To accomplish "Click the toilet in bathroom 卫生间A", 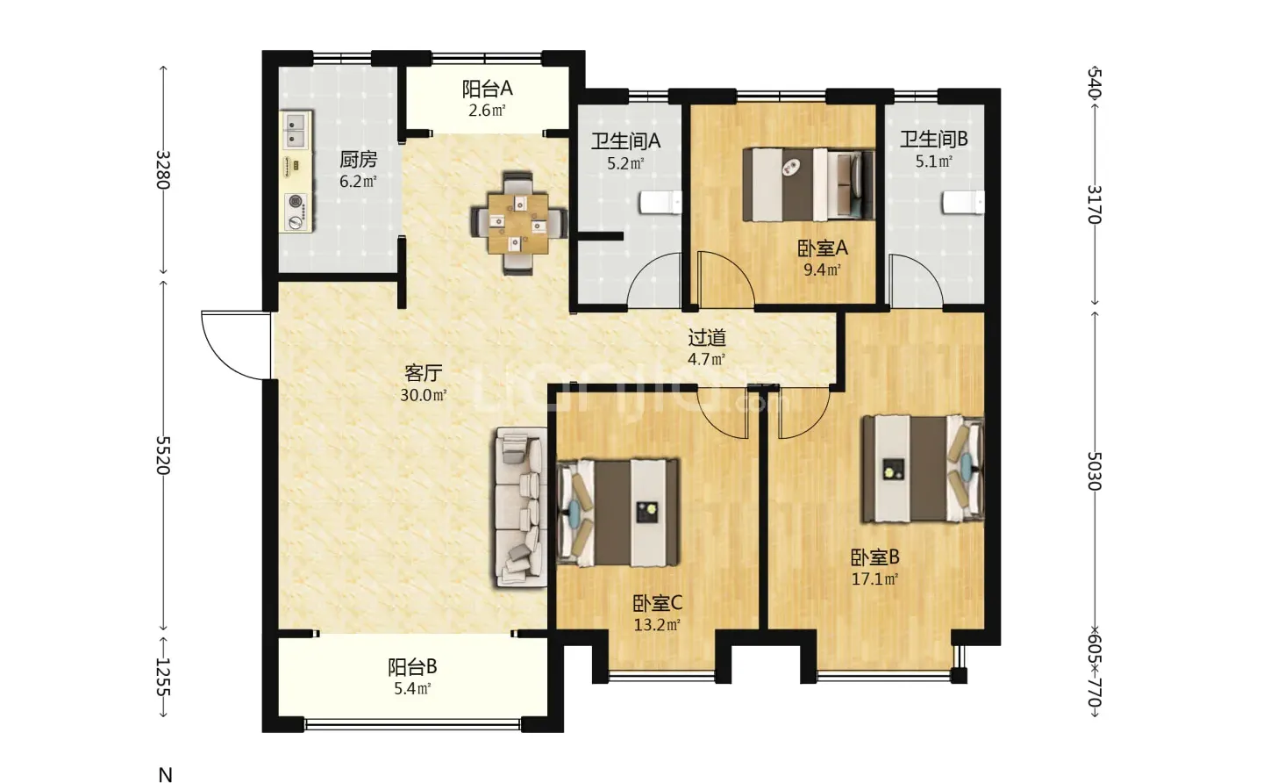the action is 660,203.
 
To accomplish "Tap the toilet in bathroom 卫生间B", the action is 964,203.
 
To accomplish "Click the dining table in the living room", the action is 518,223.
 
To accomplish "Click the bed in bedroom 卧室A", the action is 809,184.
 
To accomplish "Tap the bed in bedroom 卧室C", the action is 618,513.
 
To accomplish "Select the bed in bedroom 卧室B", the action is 923,468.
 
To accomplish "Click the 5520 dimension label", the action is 163,455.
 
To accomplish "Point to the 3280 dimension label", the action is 163,169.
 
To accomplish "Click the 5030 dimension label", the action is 1094,471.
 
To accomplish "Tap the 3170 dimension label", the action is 1094,205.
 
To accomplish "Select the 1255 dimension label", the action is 163,677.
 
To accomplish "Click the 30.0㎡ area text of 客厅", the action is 424,395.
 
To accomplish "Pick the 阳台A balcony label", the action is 487,89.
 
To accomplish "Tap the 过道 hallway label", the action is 707,338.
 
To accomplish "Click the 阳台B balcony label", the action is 412,667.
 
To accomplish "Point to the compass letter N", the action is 165,774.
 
